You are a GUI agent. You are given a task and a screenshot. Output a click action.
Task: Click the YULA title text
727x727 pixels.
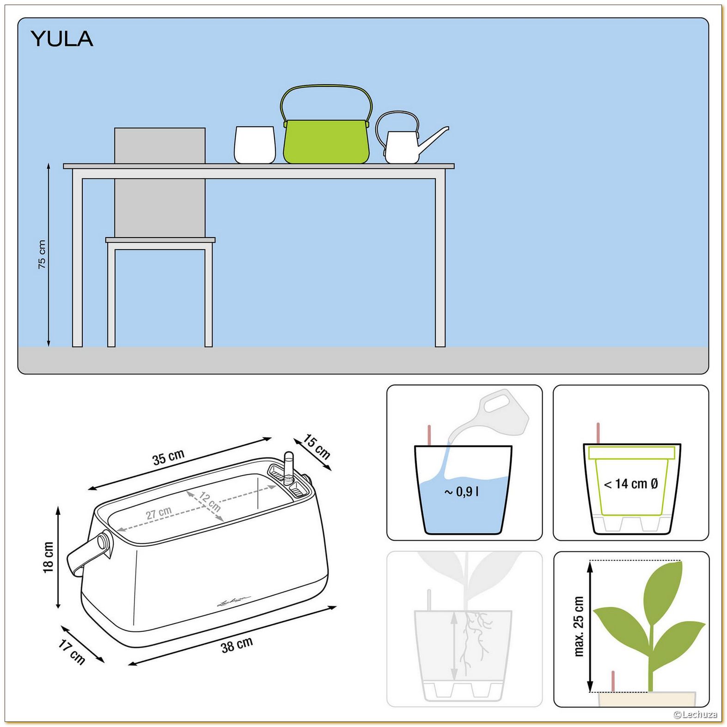point(62,39)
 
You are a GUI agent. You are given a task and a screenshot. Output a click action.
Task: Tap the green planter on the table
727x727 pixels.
point(327,141)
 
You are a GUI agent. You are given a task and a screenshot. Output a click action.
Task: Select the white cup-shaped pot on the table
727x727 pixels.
point(255,145)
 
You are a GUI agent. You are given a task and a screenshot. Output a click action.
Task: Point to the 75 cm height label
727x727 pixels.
point(42,255)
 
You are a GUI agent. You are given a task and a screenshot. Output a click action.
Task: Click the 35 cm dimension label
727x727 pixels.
point(168,457)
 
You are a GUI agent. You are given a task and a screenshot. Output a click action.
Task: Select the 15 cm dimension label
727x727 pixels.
point(317,447)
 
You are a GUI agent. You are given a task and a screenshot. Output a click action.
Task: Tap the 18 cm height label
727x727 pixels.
point(49,557)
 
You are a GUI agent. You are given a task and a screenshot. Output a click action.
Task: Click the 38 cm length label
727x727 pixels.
point(237,645)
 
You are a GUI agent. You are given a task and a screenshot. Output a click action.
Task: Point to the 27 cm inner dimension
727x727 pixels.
point(159,513)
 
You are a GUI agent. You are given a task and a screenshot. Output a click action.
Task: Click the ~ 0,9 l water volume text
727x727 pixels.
point(462,492)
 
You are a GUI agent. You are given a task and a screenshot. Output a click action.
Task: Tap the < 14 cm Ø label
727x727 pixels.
point(631,484)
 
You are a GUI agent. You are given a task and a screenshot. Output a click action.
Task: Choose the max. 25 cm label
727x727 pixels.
point(579,626)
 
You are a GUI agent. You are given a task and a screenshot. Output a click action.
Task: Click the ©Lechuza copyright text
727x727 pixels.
point(695,715)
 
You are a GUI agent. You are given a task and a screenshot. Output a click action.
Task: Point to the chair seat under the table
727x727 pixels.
point(160,240)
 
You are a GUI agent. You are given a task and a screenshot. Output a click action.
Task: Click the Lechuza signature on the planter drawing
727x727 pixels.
point(233,600)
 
